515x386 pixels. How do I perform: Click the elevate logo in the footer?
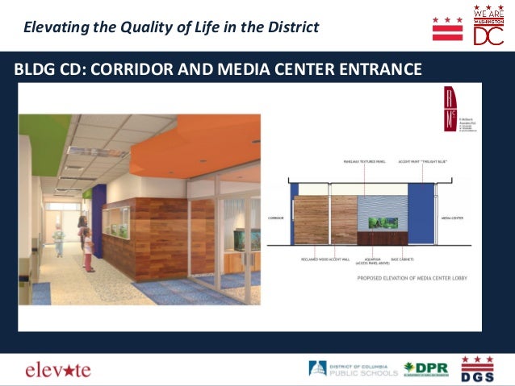58,370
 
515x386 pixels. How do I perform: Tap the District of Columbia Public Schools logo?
353,369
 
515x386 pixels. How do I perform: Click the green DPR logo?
426,369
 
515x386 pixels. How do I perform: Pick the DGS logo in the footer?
477,368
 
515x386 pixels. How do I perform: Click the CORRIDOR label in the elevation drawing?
277,218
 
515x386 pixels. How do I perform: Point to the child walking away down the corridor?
57,240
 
